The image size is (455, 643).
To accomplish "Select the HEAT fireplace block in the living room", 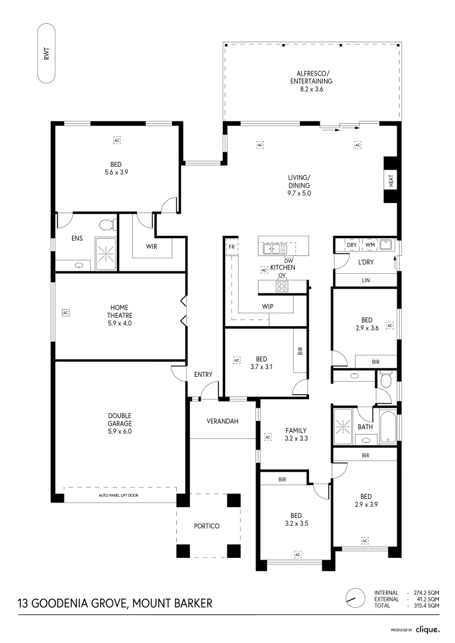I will point(391,180).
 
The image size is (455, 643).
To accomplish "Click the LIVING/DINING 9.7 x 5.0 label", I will point(300,185).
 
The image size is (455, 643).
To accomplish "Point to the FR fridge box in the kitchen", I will point(230,246).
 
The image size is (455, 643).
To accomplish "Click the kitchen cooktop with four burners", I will point(282,286).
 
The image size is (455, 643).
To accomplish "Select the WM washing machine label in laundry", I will point(370,245).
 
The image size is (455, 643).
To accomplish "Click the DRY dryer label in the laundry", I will point(351,245).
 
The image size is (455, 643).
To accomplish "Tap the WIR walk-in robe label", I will point(151,246).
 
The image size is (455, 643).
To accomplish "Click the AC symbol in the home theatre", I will point(66,312).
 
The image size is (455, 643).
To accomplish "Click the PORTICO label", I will point(207,526).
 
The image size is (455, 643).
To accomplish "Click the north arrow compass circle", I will point(356,597).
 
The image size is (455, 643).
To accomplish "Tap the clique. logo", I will point(428,629).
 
